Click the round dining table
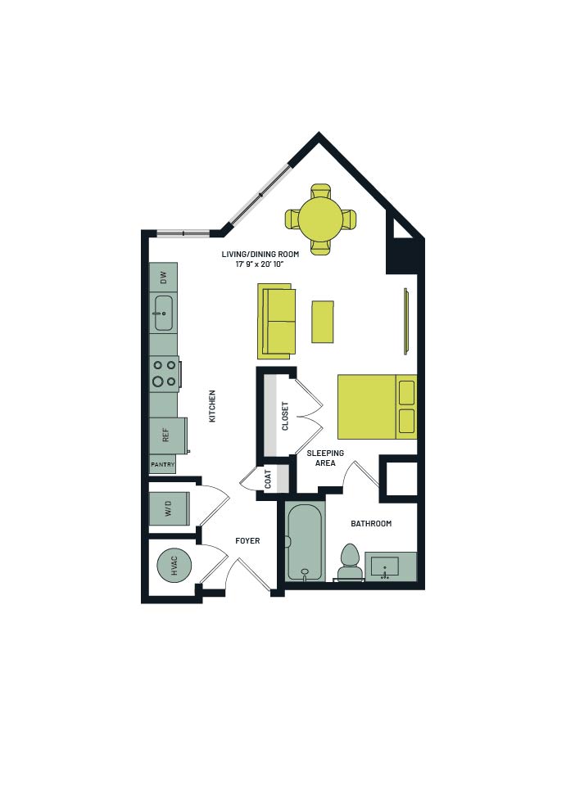click(320, 219)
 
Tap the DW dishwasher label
click(163, 278)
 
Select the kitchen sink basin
click(164, 314)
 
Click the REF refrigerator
click(168, 436)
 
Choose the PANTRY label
click(163, 465)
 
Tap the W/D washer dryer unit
click(170, 508)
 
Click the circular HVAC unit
click(174, 565)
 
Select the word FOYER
click(247, 540)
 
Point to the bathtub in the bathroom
click(305, 543)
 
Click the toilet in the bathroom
click(350, 563)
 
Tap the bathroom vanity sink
click(384, 567)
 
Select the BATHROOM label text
click(371, 523)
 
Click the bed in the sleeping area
click(378, 407)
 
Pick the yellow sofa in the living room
click(277, 321)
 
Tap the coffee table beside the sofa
click(323, 322)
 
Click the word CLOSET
click(285, 416)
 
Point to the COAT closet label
click(268, 479)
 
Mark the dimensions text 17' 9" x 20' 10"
click(260, 264)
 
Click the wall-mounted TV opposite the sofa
click(406, 321)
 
